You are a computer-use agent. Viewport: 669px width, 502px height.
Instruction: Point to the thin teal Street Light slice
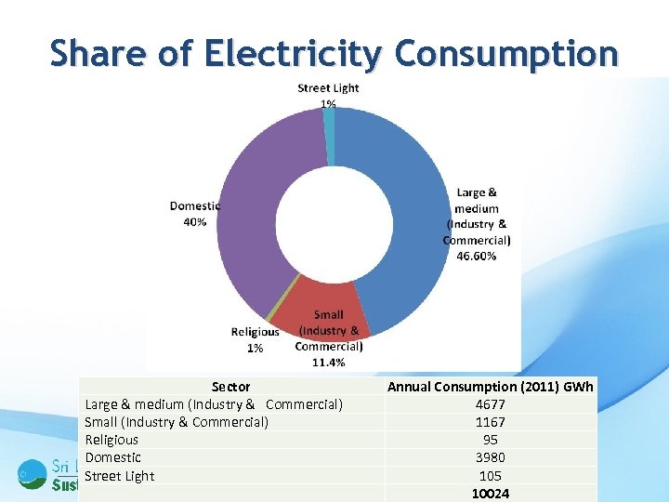click(329, 125)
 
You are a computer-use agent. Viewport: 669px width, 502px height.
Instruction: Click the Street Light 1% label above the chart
click(328, 96)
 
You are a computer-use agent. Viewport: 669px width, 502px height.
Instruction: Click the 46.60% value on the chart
click(476, 256)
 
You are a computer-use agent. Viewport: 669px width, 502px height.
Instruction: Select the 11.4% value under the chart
click(328, 363)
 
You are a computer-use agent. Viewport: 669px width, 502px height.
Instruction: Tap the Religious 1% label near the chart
click(255, 339)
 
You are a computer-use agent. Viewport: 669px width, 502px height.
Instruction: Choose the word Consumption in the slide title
click(505, 53)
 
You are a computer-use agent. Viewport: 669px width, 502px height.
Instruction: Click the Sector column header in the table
click(230, 387)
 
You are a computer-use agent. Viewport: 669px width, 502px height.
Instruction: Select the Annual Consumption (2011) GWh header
click(491, 387)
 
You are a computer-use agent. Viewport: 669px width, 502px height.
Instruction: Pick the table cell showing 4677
click(491, 404)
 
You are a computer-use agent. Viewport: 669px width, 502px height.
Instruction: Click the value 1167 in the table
click(491, 422)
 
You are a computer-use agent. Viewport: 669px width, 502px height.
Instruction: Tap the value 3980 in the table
click(491, 457)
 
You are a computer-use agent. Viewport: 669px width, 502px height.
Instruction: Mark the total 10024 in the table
click(491, 494)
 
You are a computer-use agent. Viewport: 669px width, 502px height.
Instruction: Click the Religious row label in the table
click(111, 440)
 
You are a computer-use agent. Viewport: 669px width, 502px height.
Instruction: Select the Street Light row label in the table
click(120, 476)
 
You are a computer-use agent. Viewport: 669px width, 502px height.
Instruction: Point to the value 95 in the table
click(491, 440)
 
